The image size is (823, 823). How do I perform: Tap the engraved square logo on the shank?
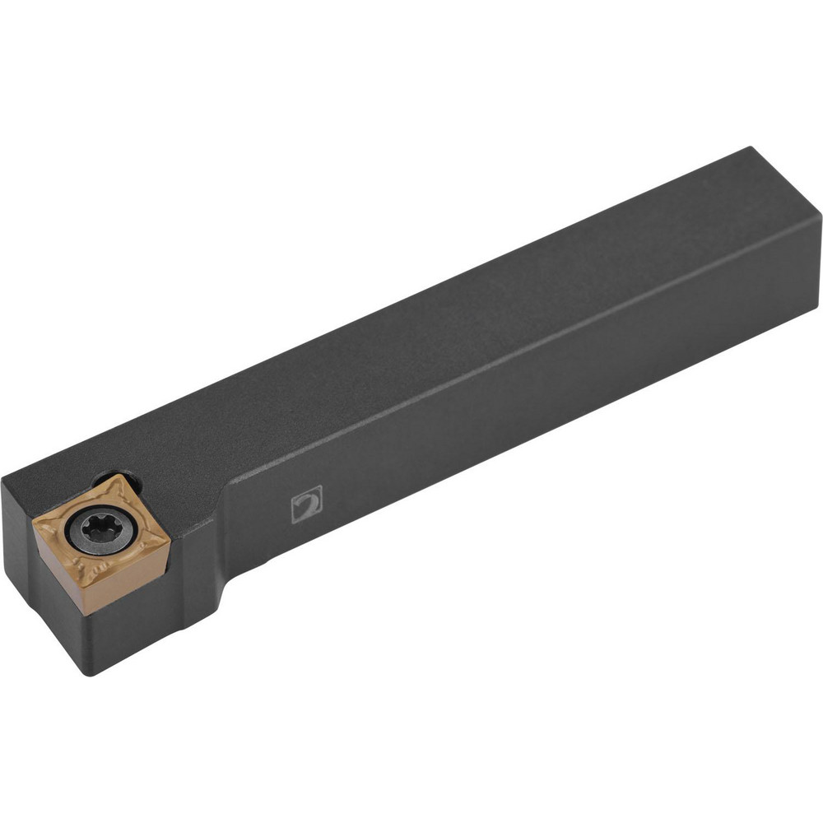[307, 503]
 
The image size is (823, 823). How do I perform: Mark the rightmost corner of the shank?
[821, 216]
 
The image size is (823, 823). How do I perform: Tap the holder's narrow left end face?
[21, 560]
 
